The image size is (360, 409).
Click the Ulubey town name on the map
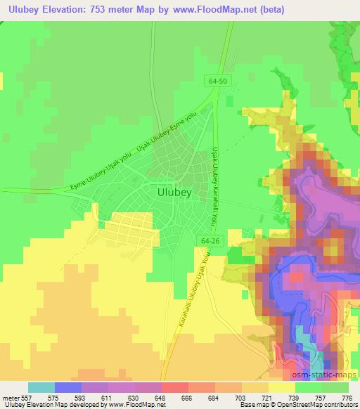click(172, 190)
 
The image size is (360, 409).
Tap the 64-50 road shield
click(217, 81)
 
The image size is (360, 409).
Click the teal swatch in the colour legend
click(41, 387)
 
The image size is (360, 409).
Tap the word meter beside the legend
click(9, 398)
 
